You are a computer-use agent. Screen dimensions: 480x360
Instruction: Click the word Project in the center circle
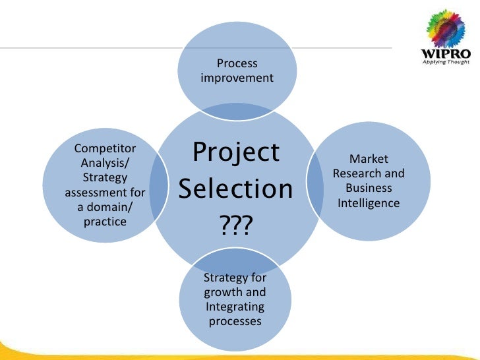pyautogui.click(x=236, y=153)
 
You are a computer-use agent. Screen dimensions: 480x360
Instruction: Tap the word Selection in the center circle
pyautogui.click(x=236, y=190)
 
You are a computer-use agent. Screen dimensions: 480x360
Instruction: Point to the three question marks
pyautogui.click(x=235, y=226)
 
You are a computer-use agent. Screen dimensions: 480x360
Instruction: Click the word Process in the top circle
pyautogui.click(x=237, y=64)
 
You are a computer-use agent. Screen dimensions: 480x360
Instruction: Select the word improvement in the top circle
pyautogui.click(x=237, y=78)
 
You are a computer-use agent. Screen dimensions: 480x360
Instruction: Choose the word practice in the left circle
pyautogui.click(x=105, y=222)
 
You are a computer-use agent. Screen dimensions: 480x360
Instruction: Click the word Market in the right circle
pyautogui.click(x=369, y=160)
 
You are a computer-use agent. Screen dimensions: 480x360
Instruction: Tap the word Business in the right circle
pyautogui.click(x=369, y=189)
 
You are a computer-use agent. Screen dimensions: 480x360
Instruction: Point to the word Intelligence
pyautogui.click(x=369, y=203)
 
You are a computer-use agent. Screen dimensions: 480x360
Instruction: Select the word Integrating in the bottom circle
pyautogui.click(x=235, y=307)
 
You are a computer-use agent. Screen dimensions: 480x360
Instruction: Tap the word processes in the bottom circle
pyautogui.click(x=235, y=322)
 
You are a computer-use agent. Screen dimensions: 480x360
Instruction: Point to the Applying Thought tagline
pyautogui.click(x=445, y=62)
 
